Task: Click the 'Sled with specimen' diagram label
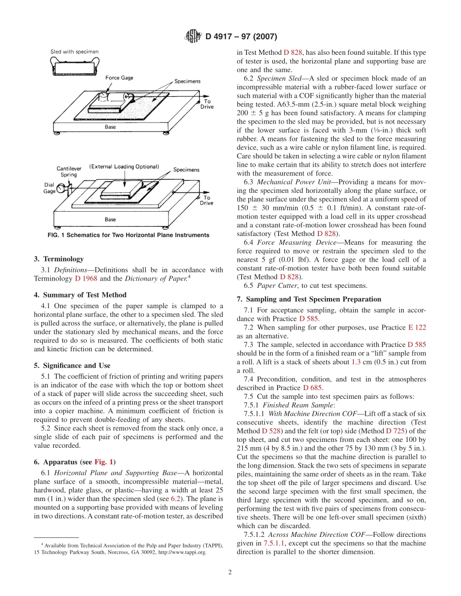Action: [x=75, y=51]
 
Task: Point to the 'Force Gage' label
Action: [x=119, y=78]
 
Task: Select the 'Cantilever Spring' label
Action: [x=68, y=172]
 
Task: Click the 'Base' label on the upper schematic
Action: [x=110, y=127]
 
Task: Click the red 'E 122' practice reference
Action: [x=417, y=328]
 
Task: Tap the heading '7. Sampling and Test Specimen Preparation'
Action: [x=309, y=299]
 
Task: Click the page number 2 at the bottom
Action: [x=230, y=572]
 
